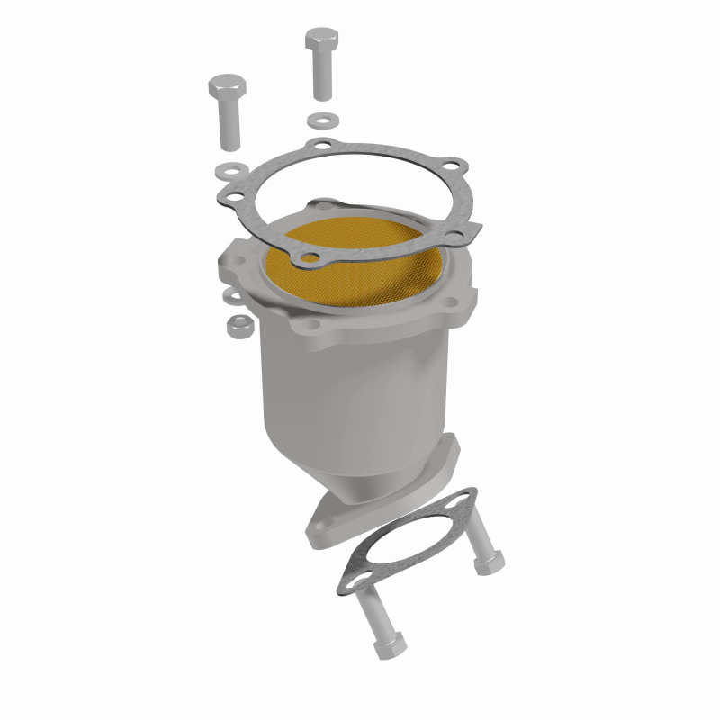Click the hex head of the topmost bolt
point(321,41)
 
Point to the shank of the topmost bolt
point(322,78)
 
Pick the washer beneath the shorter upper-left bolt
point(230,169)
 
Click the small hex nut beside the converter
point(238,325)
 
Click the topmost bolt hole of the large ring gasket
point(321,145)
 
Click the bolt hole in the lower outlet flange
point(323,526)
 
